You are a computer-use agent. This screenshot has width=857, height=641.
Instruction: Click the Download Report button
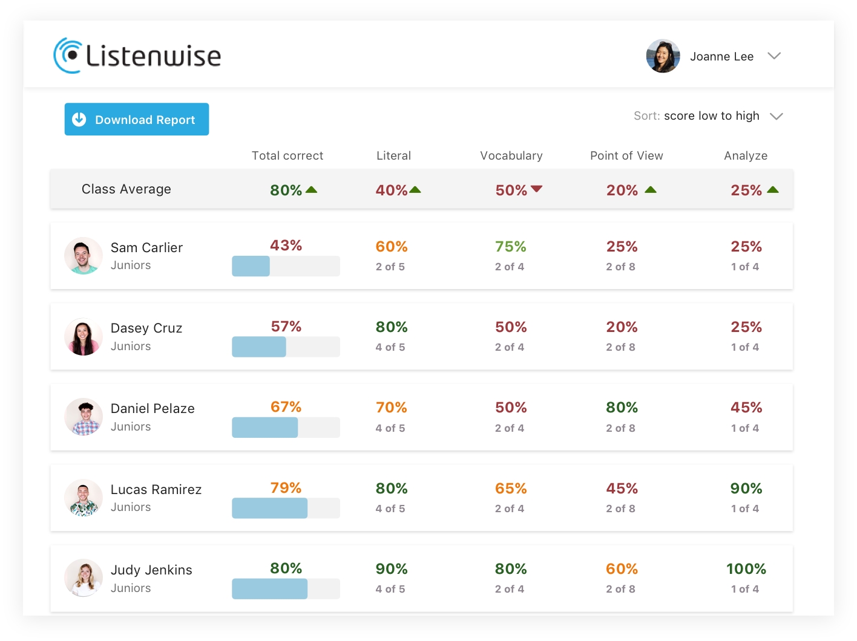click(137, 119)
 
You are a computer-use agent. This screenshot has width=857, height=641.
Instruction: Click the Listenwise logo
click(137, 56)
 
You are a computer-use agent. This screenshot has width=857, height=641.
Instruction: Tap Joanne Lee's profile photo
click(663, 56)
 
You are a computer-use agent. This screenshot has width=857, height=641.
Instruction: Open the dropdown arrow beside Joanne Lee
click(774, 56)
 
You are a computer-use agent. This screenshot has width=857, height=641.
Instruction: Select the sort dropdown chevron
click(776, 116)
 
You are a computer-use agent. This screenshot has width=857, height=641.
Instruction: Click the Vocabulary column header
click(511, 155)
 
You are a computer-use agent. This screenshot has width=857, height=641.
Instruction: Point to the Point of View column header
click(626, 155)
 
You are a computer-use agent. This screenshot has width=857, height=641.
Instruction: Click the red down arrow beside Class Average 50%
click(536, 189)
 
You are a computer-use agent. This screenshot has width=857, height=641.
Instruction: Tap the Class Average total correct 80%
click(286, 190)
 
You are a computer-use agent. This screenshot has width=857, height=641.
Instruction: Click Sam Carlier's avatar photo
click(84, 256)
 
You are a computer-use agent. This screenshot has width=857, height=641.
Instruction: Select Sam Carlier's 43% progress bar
click(286, 266)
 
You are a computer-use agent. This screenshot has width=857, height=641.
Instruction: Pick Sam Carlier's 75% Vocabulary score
click(510, 247)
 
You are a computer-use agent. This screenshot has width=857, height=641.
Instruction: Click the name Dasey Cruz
click(146, 328)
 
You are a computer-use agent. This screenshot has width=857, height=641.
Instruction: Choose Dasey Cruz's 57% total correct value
click(286, 327)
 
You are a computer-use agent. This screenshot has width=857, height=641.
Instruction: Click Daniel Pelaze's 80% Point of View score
click(622, 408)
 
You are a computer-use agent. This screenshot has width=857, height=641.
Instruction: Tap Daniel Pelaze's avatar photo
click(84, 417)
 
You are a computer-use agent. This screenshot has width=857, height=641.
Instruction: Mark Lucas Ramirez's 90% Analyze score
click(746, 489)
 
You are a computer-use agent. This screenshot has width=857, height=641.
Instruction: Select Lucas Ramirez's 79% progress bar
click(286, 508)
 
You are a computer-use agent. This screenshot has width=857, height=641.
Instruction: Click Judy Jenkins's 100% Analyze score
click(746, 569)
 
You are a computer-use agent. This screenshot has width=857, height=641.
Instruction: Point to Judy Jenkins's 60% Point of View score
click(622, 569)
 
